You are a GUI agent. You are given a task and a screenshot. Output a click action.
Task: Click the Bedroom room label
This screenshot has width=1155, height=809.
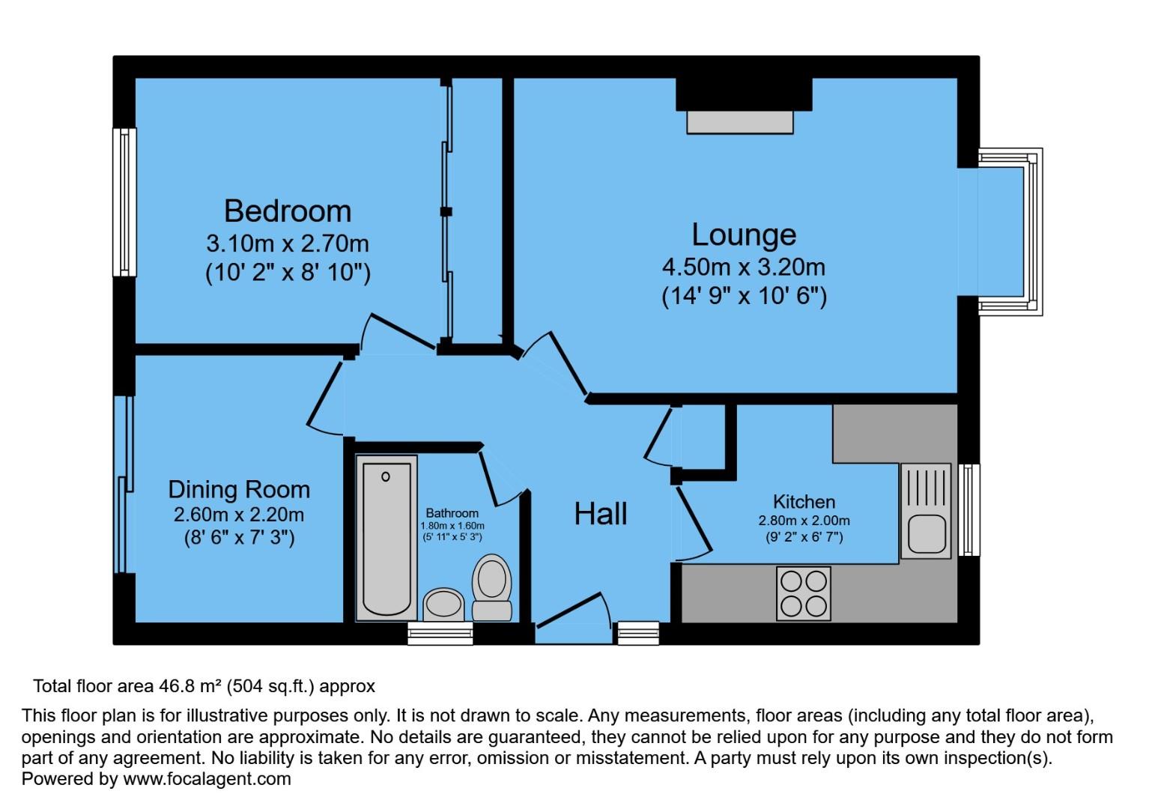coord(288,211)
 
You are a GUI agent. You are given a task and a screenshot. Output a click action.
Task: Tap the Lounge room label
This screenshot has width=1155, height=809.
coord(743,234)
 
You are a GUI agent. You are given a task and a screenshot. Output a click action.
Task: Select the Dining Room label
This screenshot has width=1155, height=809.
coord(238,489)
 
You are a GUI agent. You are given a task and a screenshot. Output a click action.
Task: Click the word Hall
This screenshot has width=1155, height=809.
coord(600,514)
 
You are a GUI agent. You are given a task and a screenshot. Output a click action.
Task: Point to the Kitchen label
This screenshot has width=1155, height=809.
coord(804,502)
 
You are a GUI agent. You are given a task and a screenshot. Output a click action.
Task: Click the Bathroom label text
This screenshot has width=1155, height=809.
coord(452,513)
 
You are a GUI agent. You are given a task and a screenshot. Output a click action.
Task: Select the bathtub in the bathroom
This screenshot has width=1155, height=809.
coord(386,537)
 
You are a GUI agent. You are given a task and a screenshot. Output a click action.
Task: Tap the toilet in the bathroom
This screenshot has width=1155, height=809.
coord(492,587)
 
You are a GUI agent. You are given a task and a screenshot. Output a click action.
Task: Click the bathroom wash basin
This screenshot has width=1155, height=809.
coord(444,605)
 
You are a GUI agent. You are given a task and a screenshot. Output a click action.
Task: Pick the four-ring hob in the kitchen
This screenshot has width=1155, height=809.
coord(804,593)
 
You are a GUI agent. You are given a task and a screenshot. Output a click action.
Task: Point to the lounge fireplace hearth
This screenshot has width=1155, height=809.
coord(740,122)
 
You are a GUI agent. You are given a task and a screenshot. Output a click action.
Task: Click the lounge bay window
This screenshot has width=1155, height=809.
coord(1011,231)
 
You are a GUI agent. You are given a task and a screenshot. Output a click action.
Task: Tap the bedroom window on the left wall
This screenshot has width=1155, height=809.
coord(124,202)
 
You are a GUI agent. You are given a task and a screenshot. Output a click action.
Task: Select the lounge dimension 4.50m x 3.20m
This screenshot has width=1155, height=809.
coord(743,267)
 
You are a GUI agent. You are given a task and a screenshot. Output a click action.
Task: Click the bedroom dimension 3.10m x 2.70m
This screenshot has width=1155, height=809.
coord(288,243)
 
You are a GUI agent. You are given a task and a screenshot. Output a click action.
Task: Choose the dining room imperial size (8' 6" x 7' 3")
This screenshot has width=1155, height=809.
coord(238,537)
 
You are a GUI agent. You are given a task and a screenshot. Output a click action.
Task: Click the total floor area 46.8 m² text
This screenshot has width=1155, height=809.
coord(204,686)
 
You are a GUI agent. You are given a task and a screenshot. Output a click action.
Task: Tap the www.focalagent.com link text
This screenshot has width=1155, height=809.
coord(207,779)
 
